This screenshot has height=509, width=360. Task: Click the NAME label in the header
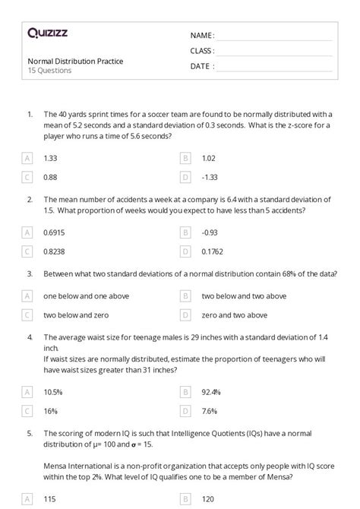pos(202,35)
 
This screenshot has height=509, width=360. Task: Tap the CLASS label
pos(202,51)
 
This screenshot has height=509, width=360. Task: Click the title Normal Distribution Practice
pos(75,61)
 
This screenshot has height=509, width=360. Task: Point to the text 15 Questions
pos(49,71)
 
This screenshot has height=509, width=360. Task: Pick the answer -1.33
pos(210,177)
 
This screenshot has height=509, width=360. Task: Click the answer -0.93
pos(210,231)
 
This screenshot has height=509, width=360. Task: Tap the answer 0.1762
pos(213,250)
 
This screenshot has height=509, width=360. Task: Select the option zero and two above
pos(235,315)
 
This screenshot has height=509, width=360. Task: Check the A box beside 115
pos(27,499)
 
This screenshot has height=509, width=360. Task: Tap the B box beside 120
pos(185,499)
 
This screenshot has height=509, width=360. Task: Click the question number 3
pos(30,273)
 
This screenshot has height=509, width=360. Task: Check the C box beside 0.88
pos(27,177)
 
